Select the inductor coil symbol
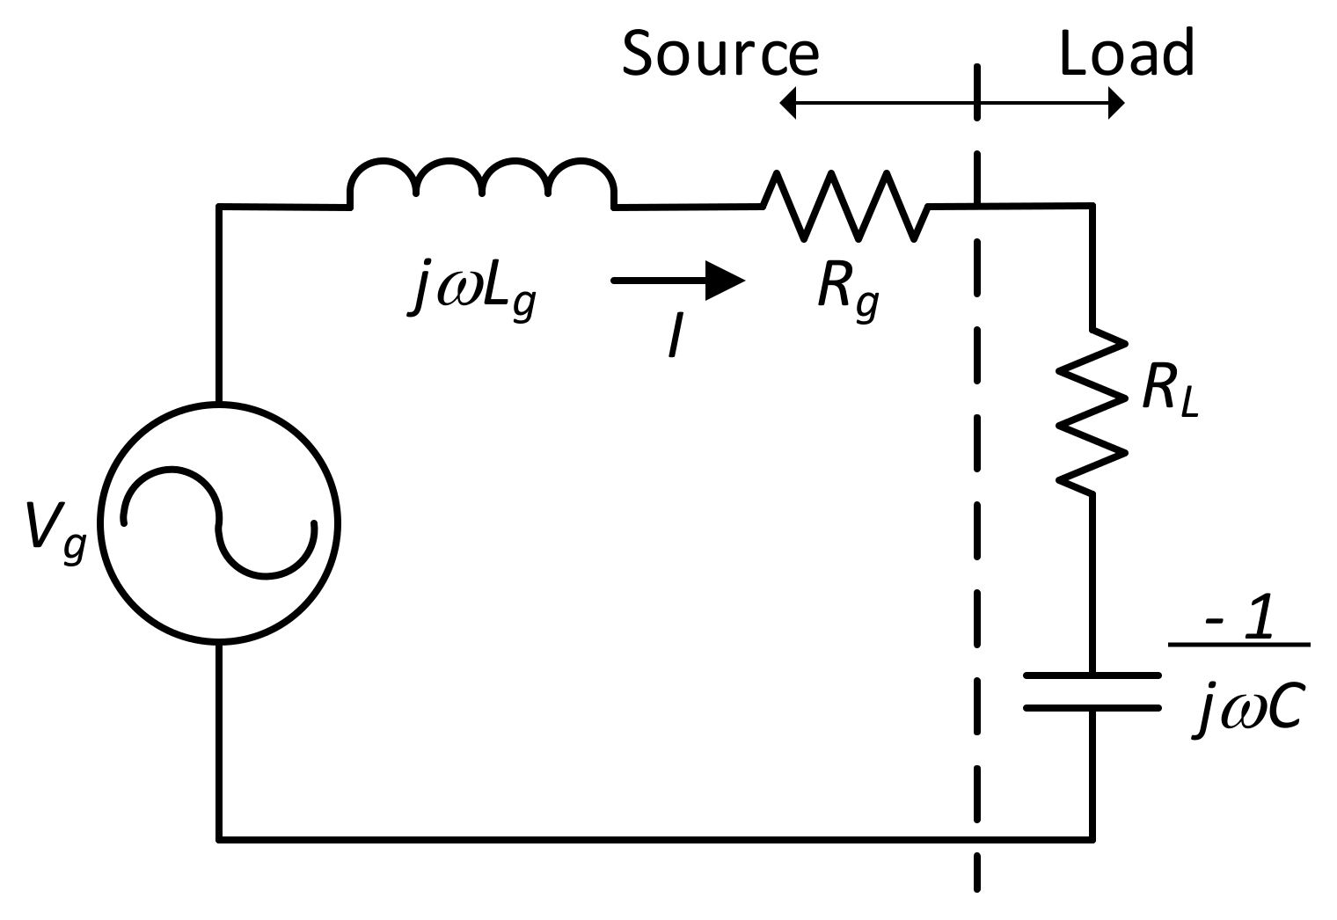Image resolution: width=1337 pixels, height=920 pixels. coord(482,183)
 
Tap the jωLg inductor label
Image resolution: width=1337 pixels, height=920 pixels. coord(471,294)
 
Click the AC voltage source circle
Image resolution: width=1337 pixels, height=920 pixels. coord(219,523)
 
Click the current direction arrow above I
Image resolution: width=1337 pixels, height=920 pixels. coord(678,281)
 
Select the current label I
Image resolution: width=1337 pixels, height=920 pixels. coord(675,337)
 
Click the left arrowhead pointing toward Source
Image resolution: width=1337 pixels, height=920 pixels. coord(788,104)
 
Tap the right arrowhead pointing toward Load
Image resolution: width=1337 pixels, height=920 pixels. coord(1116,104)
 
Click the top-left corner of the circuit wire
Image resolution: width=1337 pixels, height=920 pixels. coord(219,207)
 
